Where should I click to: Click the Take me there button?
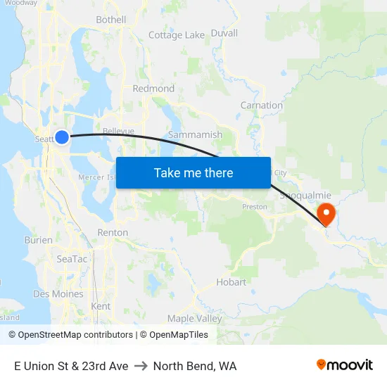pyautogui.click(x=193, y=172)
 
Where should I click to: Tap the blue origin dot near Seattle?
pyautogui.click(x=62, y=137)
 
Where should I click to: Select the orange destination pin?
pyautogui.click(x=326, y=213)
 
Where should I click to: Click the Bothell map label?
pyautogui.click(x=110, y=20)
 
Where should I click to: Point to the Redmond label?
pyautogui.click(x=153, y=89)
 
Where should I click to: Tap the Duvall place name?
pyautogui.click(x=224, y=33)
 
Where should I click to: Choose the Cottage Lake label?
pyautogui.click(x=177, y=34)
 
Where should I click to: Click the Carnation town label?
pyautogui.click(x=262, y=106)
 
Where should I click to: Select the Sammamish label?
pyautogui.click(x=195, y=134)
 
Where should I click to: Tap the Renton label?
pyautogui.click(x=113, y=232)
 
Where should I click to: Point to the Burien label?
pyautogui.click(x=38, y=240)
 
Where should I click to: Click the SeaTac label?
pyautogui.click(x=72, y=259)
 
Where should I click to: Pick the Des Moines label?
pyautogui.click(x=58, y=294)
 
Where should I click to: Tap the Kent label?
pyautogui.click(x=101, y=306)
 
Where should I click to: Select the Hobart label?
pyautogui.click(x=231, y=282)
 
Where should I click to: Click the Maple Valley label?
pyautogui.click(x=194, y=319)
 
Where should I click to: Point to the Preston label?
pyautogui.click(x=254, y=207)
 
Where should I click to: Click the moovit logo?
pyautogui.click(x=344, y=364)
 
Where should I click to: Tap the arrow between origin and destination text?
pyautogui.click(x=141, y=366)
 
